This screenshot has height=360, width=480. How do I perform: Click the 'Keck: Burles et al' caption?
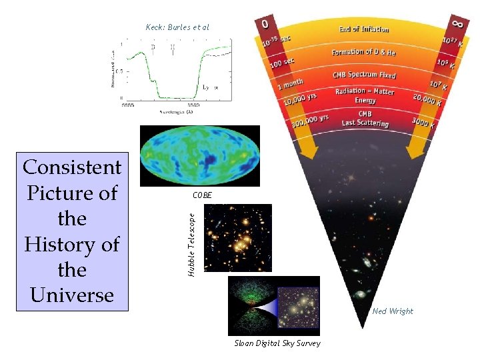[x=177, y=27]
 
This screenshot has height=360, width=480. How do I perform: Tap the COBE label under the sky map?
[x=202, y=195]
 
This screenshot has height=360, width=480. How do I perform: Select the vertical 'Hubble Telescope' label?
[x=191, y=244]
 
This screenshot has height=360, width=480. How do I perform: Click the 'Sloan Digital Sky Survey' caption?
[x=277, y=343]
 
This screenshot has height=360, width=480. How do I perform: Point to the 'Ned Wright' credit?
[x=393, y=311]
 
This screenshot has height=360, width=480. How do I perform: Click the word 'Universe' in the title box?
[x=72, y=295]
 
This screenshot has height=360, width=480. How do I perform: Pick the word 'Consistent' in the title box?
[x=72, y=167]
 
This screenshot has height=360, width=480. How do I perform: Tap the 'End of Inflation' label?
[x=363, y=29]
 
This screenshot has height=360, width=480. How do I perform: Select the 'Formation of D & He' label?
[x=363, y=52]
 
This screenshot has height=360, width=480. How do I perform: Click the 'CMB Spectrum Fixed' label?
[x=364, y=75]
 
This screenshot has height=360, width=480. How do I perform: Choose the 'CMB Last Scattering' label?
[x=365, y=118]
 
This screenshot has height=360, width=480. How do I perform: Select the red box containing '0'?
[x=265, y=23]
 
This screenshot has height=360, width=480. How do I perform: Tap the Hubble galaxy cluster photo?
[x=238, y=238]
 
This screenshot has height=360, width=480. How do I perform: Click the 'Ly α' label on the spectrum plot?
[x=210, y=87]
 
